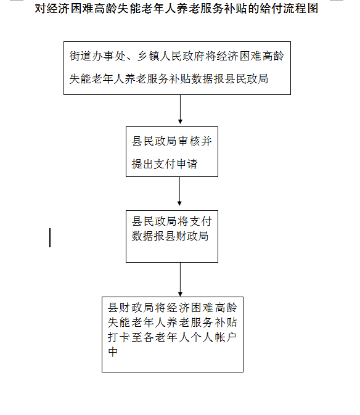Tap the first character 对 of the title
point(40,9)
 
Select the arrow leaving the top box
point(180,109)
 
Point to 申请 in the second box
point(187,164)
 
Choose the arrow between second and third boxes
point(179,191)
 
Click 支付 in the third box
point(201,221)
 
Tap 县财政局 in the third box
point(187,236)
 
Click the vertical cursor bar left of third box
point(50,237)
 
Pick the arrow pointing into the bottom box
point(180,279)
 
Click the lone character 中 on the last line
point(113,352)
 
